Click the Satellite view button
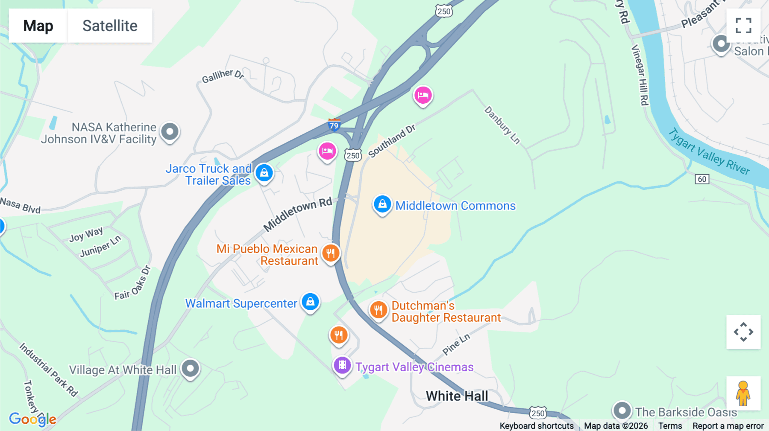[x=110, y=26]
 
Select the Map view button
[x=38, y=26]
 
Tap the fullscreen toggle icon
[x=743, y=26]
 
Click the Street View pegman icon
[x=743, y=393]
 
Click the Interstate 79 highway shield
[x=334, y=125]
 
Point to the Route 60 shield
[x=702, y=179]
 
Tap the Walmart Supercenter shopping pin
[x=310, y=302]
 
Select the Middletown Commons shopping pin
[x=382, y=204]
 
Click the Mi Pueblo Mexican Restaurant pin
[x=330, y=253]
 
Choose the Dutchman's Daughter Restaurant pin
[x=378, y=310]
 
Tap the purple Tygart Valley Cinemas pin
[x=342, y=365]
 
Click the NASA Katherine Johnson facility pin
[x=170, y=131]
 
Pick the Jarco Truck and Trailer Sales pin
[x=264, y=173]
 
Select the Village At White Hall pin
[x=190, y=368]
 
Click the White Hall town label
[x=457, y=396]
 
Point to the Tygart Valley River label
[x=709, y=152]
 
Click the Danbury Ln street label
[x=502, y=125]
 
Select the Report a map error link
[x=728, y=426]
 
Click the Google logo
[x=32, y=419]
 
